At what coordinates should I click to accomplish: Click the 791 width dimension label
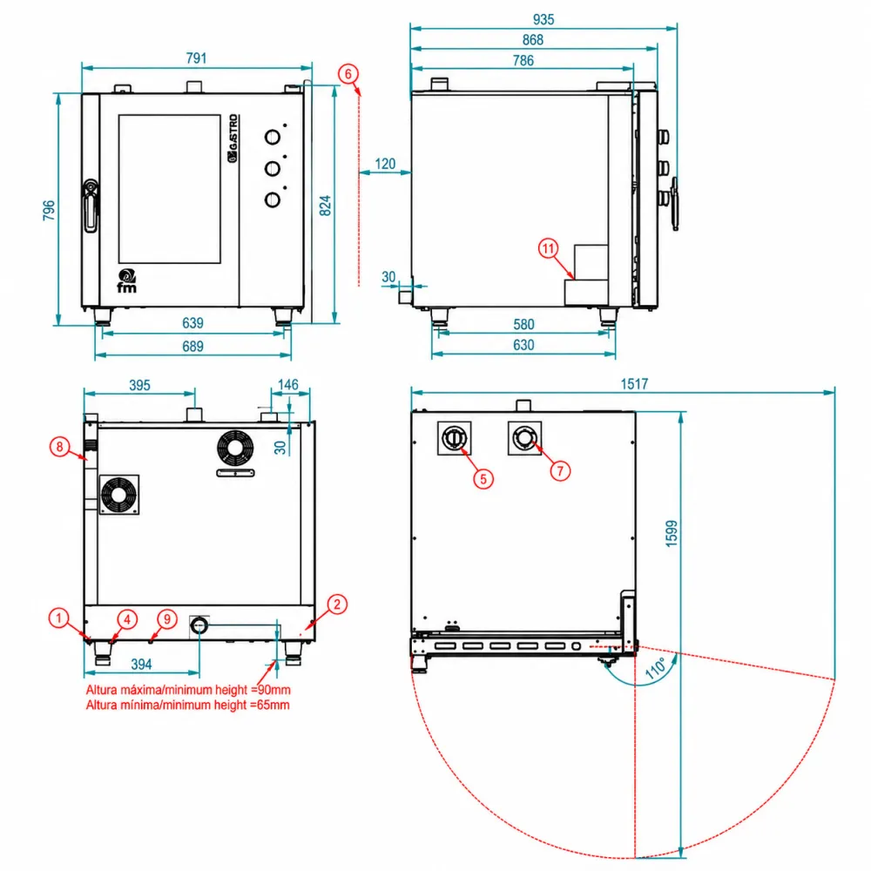tap(196, 58)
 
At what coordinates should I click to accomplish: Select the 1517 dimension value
tap(634, 384)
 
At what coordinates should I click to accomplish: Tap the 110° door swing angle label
tap(656, 668)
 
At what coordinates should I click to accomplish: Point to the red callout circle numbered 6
tap(348, 74)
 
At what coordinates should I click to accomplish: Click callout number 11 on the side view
tap(548, 248)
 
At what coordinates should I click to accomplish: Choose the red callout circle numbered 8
tap(59, 447)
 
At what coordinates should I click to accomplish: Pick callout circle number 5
tap(483, 479)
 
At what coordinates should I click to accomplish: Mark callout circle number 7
tap(560, 471)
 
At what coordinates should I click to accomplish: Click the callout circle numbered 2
tap(336, 604)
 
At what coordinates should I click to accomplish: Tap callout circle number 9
tap(166, 618)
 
